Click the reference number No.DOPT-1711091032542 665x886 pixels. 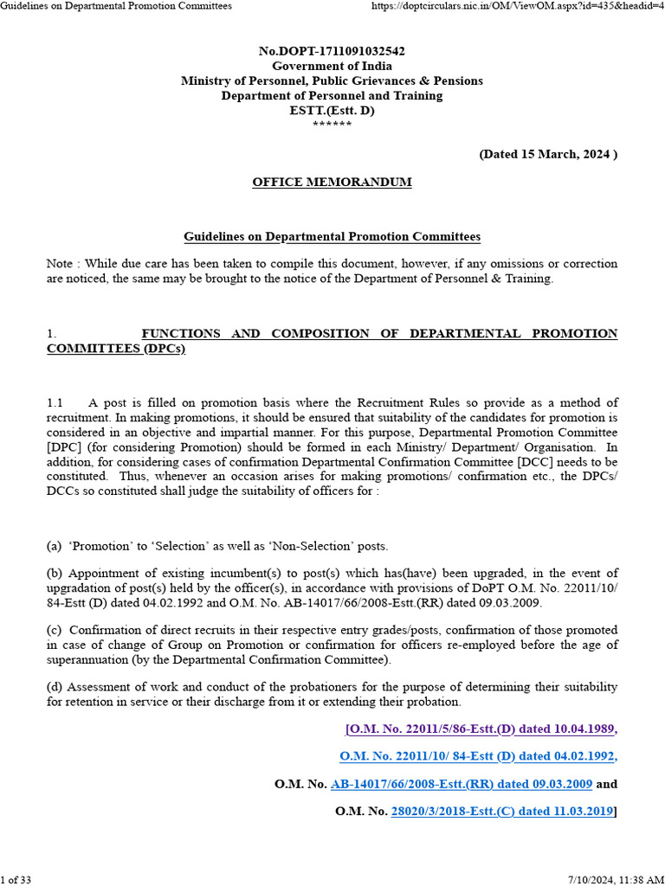pyautogui.click(x=332, y=51)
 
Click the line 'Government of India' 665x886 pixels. pyautogui.click(x=332, y=66)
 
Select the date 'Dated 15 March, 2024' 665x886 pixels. pyautogui.click(x=548, y=154)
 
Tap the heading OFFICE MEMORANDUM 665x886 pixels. pyautogui.click(x=332, y=183)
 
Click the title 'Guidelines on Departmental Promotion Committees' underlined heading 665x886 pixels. pyautogui.click(x=332, y=236)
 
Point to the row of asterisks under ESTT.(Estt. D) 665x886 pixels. pyautogui.click(x=332, y=125)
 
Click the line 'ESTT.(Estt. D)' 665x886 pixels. pyautogui.click(x=332, y=110)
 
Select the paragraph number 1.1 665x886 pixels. pyautogui.click(x=55, y=403)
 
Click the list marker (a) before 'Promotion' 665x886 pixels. pyautogui.click(x=54, y=546)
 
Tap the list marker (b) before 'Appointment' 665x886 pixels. pyautogui.click(x=55, y=573)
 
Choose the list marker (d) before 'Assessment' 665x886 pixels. pyautogui.click(x=55, y=686)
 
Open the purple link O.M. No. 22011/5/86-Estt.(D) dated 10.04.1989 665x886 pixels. pyautogui.click(x=481, y=729)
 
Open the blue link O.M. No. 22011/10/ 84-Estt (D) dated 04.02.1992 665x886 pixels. pyautogui.click(x=477, y=756)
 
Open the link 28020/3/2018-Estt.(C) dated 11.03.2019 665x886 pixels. pyautogui.click(x=502, y=812)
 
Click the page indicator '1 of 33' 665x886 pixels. pyautogui.click(x=16, y=879)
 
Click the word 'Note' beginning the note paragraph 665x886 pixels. pyautogui.click(x=60, y=263)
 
